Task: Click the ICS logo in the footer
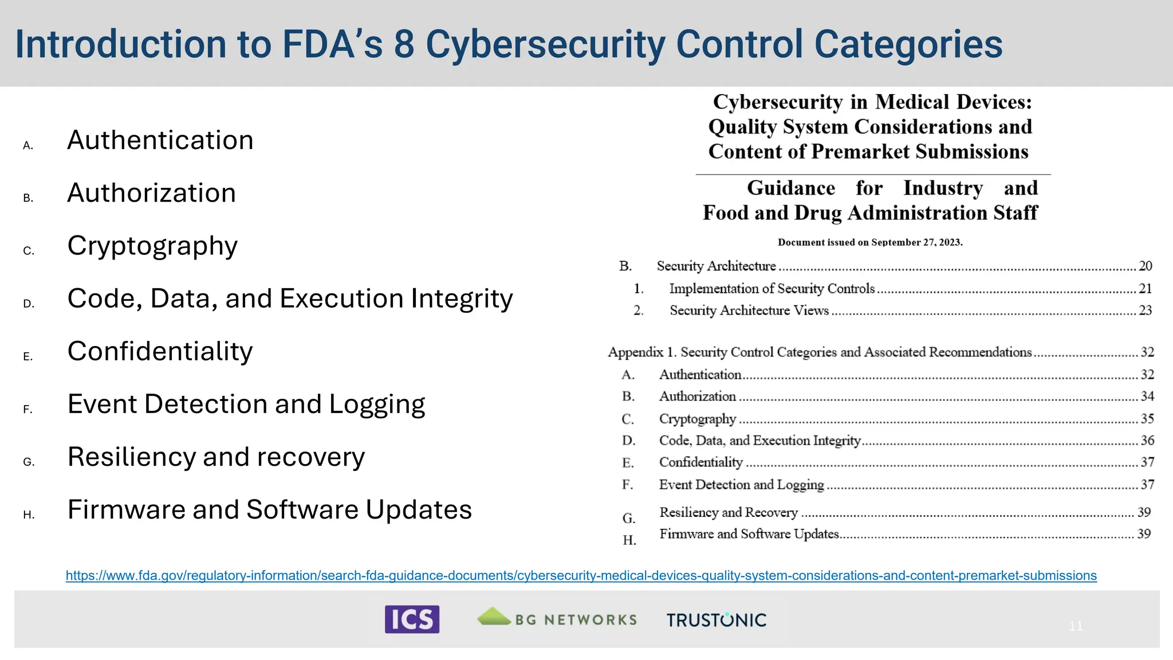412,619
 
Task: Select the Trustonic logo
716,620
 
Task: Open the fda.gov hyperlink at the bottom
581,575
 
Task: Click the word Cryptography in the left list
152,246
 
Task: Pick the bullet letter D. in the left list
29,304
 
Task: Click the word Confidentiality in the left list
160,351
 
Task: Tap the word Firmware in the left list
126,509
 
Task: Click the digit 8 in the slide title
404,44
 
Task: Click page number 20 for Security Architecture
1145,266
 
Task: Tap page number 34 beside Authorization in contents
1147,396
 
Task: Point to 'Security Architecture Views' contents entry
749,311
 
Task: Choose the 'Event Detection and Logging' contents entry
741,485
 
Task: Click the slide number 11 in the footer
1075,626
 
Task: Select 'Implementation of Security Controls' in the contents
771,289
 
